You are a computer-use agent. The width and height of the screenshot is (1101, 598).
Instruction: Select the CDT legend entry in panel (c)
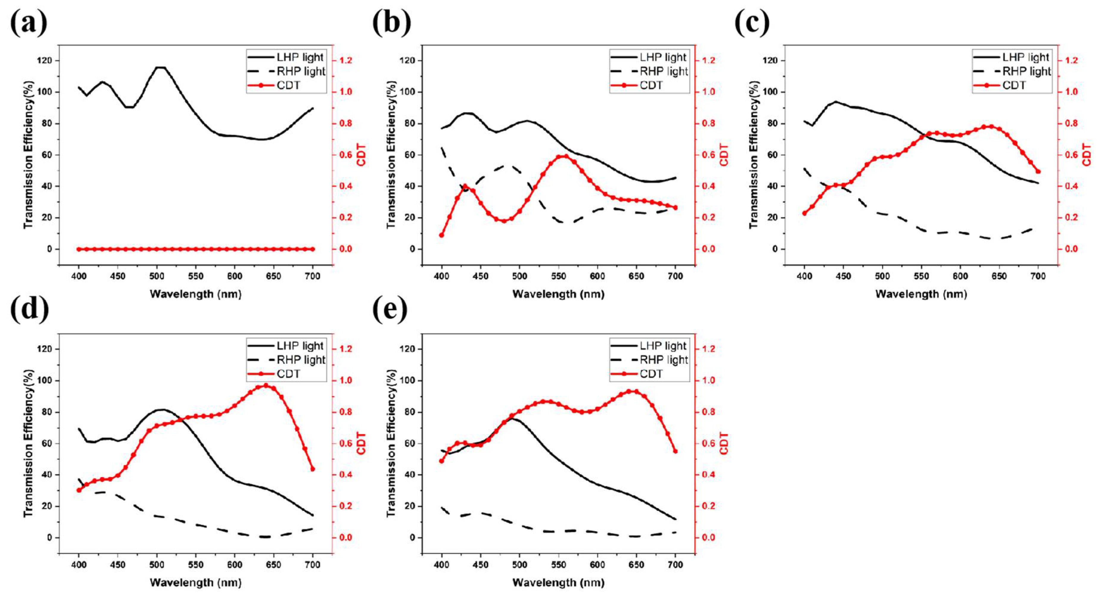(x=1013, y=86)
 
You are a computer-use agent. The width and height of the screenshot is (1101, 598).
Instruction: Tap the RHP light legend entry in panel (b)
(x=663, y=72)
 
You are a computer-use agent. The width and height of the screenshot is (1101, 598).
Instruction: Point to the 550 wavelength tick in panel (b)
(x=558, y=276)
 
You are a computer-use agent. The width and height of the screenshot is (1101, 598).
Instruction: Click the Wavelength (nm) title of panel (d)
(x=196, y=583)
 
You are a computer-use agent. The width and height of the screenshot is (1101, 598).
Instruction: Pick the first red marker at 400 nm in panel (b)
(x=441, y=235)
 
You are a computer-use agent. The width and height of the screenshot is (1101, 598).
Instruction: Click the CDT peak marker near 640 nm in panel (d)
(x=266, y=386)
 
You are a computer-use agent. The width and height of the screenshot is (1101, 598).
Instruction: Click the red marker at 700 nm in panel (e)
(x=675, y=451)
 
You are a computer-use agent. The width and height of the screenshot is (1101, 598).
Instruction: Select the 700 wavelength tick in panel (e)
(x=675, y=565)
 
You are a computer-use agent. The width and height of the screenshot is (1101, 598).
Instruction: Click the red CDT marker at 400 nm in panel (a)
(x=79, y=249)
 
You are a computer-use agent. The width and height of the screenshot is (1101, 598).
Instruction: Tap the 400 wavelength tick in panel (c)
(x=804, y=276)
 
